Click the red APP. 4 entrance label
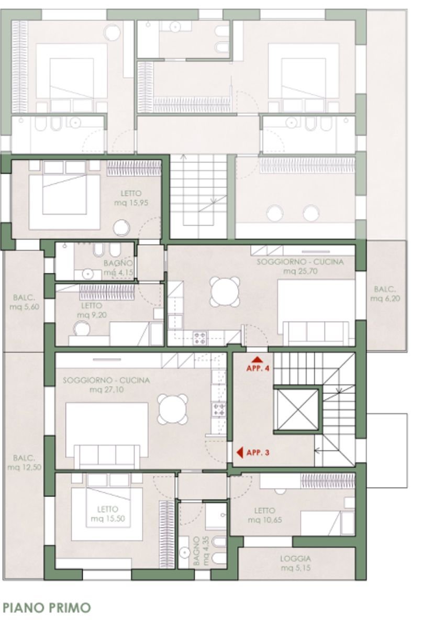tap(258, 365)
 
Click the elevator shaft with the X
tap(297, 410)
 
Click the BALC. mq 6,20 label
tap(385, 294)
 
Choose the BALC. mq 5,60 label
tap(24, 302)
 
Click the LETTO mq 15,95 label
tap(131, 198)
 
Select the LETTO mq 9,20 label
tap(92, 310)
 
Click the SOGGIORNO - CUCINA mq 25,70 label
tap(300, 267)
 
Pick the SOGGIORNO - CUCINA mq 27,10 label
tap(106, 385)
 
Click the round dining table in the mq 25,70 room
tap(225, 291)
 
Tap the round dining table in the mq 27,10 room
tap(173, 409)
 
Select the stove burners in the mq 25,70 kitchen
tap(200, 338)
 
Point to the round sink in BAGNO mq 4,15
tap(88, 274)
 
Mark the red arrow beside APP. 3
tap(239, 453)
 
